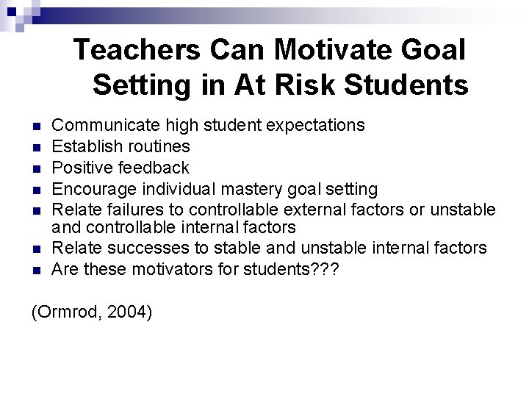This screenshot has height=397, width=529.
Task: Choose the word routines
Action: coord(157,146)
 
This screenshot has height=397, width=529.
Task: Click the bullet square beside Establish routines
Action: coord(36,147)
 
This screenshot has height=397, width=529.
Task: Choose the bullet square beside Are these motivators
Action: coord(36,270)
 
